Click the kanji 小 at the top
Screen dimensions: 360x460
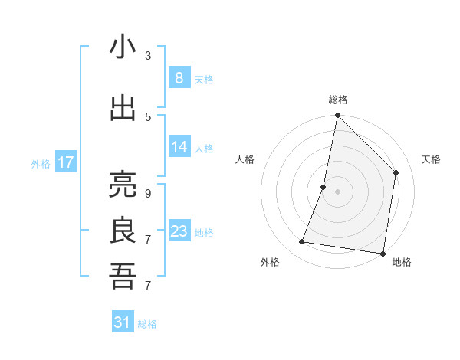[x=123, y=47]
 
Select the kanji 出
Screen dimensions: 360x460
[x=123, y=108]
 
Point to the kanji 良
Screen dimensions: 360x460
[x=123, y=231]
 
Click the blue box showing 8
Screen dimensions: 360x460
[x=179, y=77]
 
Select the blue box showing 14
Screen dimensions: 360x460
[x=179, y=147]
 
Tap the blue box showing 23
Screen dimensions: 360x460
[x=179, y=231]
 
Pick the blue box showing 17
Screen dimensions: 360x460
[x=65, y=162]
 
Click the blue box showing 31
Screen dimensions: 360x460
[x=123, y=322]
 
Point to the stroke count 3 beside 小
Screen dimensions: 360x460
[x=147, y=56]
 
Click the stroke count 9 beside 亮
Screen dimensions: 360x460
[x=147, y=194]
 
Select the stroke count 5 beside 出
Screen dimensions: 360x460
[x=147, y=116]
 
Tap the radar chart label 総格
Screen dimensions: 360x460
[x=337, y=100]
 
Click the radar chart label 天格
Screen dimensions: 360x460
[x=431, y=159]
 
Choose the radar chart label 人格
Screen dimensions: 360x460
[x=245, y=159]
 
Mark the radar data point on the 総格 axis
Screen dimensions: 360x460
[x=337, y=116]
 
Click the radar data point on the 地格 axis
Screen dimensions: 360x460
[x=383, y=253]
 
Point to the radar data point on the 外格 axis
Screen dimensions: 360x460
[x=302, y=242]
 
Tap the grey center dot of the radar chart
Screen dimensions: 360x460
[x=337, y=191]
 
